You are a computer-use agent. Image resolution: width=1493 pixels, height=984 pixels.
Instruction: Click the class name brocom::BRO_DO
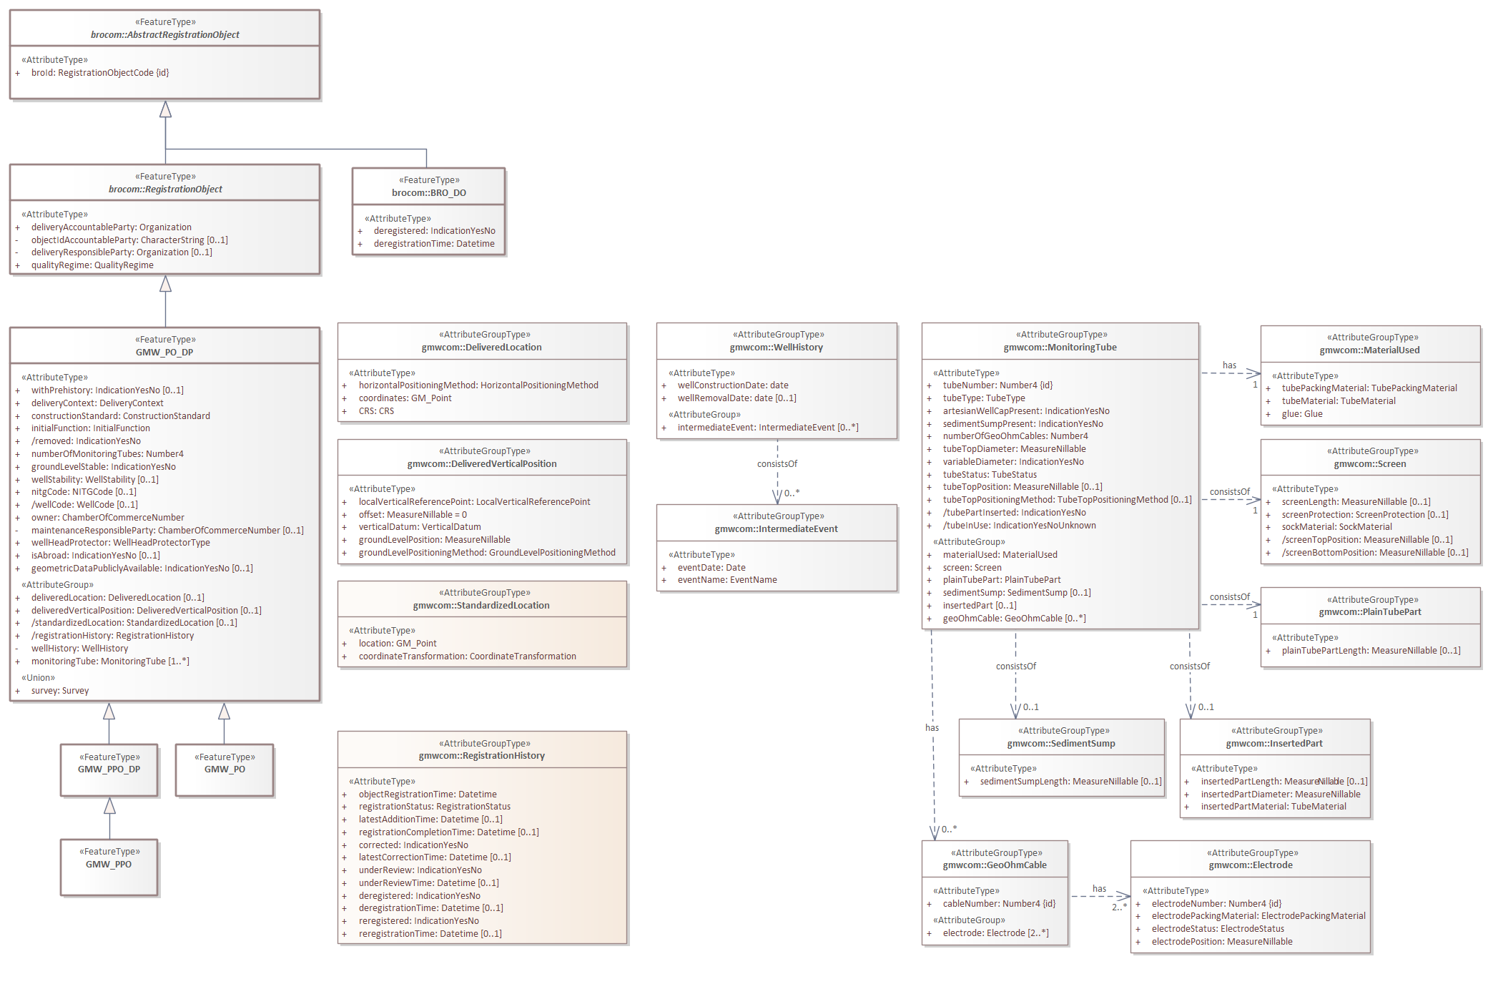[428, 193]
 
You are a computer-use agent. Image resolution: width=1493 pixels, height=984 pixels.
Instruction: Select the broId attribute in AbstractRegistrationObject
[99, 73]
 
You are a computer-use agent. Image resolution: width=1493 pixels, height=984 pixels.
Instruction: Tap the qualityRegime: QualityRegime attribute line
[92, 265]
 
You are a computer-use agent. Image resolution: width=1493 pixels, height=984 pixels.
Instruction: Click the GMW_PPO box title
[109, 865]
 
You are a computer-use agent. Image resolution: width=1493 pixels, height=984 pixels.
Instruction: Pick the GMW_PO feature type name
[225, 769]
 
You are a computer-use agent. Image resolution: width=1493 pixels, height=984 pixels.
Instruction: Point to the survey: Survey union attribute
[60, 691]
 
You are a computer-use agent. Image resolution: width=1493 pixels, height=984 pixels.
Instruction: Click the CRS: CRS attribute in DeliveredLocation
[376, 411]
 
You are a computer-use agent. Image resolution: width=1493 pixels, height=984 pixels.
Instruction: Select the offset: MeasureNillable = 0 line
[413, 515]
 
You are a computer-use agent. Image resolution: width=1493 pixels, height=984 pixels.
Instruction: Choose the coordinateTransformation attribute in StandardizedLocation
[467, 656]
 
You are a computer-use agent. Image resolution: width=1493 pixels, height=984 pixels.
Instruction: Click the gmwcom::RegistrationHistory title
[481, 756]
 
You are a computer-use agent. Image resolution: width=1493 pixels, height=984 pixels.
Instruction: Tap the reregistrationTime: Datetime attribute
[430, 934]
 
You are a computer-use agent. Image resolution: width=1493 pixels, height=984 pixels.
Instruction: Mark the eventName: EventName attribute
[727, 580]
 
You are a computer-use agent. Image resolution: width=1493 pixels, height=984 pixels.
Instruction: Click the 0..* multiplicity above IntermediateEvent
[792, 493]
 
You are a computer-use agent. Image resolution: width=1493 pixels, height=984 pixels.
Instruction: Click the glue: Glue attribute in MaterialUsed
[1301, 414]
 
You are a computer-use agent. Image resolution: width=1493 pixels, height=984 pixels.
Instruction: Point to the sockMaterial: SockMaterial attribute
[1336, 527]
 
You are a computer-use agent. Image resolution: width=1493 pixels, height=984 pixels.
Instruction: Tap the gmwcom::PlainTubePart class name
[1369, 612]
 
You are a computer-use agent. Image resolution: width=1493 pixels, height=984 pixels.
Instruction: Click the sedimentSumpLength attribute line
[1070, 782]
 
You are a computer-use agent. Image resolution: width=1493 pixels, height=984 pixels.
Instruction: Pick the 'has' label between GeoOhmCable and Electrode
[1099, 889]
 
